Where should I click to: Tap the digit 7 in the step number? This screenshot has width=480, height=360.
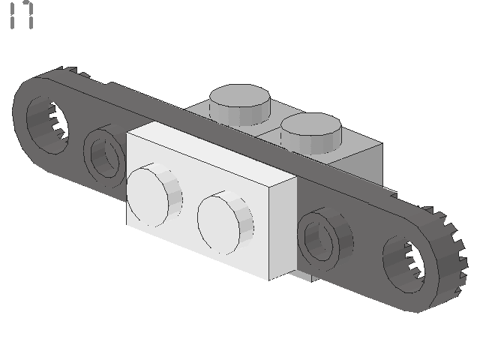click(x=28, y=15)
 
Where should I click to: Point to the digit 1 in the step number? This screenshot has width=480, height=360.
click(x=13, y=15)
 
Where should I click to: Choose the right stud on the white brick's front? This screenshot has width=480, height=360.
click(x=223, y=223)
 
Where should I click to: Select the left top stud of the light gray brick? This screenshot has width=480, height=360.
click(x=240, y=103)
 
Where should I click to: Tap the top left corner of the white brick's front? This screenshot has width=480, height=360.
click(x=127, y=135)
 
